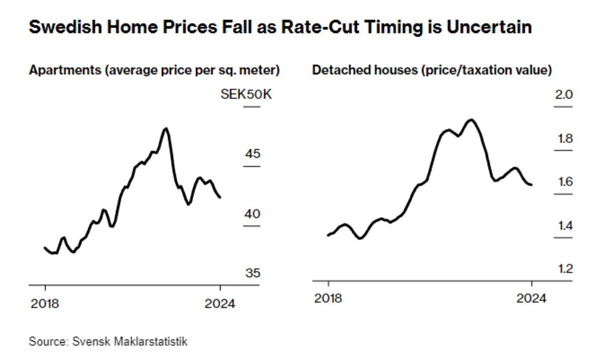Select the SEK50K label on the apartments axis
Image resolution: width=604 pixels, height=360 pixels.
click(246, 94)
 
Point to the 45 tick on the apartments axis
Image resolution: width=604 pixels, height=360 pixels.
click(252, 153)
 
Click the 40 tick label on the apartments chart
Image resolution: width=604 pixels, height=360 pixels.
click(252, 214)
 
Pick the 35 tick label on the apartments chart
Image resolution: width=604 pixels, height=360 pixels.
click(252, 273)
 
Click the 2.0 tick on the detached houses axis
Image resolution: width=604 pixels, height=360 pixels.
click(564, 94)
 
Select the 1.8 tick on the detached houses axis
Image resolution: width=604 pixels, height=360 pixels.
click(564, 138)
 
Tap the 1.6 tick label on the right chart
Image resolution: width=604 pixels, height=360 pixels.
click(564, 181)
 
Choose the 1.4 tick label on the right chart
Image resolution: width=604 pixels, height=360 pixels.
click(564, 225)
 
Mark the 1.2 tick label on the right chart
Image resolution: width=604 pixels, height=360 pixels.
click(564, 269)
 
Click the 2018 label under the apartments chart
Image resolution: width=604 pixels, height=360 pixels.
click(45, 304)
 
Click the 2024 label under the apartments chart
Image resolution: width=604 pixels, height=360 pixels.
click(220, 304)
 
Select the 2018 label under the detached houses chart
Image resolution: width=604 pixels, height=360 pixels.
click(328, 298)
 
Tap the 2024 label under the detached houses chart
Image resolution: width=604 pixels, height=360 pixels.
click(532, 298)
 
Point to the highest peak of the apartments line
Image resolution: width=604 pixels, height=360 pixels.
click(166, 128)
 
